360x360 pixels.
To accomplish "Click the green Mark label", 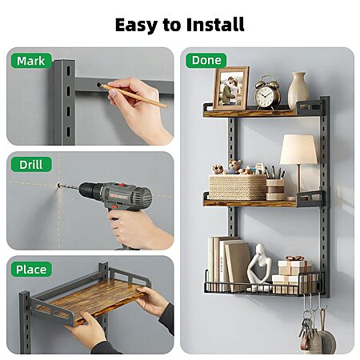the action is [x=31, y=61].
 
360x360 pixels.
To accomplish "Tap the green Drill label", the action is [x=31, y=165].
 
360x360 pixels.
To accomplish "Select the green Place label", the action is [x=31, y=270].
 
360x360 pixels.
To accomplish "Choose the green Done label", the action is [x=206, y=60].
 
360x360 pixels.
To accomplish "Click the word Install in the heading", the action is [x=215, y=25].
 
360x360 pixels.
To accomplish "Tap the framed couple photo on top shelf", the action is [x=231, y=88].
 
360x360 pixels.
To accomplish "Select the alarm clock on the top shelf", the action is [x=267, y=93].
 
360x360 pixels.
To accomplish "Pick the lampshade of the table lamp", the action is [x=298, y=149].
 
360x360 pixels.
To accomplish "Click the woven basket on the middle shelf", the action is [x=238, y=187].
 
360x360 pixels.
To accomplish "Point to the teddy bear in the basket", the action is [x=235, y=166].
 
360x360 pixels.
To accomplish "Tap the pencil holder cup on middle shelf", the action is [x=275, y=190].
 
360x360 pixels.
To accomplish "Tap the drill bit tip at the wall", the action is [x=58, y=185].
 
